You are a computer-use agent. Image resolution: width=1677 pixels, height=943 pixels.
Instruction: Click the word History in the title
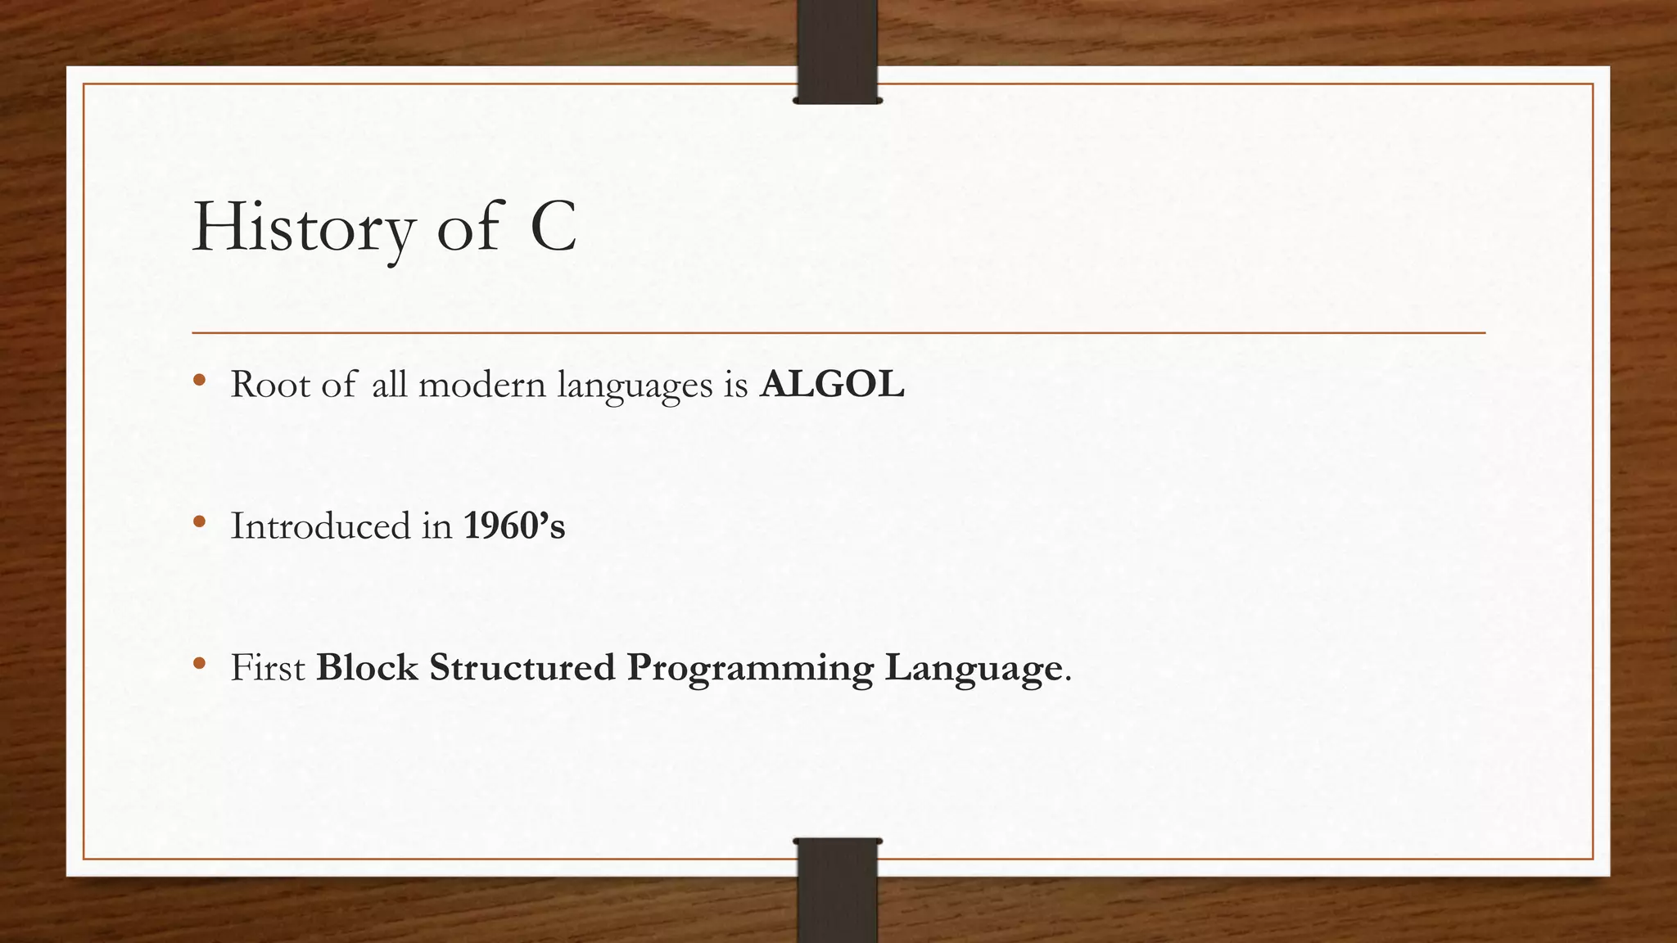303,228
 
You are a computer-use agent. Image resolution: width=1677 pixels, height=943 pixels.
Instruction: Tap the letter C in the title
554,228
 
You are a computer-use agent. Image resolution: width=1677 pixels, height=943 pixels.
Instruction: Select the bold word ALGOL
832,384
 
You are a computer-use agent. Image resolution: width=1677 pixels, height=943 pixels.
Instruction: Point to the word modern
481,384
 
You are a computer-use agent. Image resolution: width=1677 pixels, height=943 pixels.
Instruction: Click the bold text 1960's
514,526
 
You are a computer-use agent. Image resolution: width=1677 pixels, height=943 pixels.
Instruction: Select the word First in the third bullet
268,667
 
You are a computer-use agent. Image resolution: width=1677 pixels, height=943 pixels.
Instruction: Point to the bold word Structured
522,667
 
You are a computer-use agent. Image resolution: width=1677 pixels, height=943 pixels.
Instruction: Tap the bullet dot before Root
199,381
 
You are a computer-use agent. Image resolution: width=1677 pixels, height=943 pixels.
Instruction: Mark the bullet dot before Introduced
199,522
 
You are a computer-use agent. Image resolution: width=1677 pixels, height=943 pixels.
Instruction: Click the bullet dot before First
199,664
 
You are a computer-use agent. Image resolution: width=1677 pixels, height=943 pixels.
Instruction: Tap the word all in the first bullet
389,384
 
